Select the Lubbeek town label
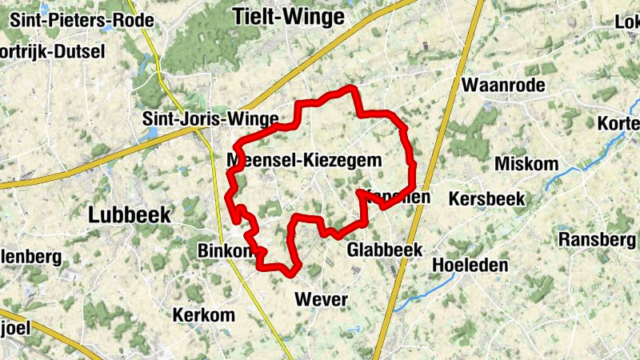129,214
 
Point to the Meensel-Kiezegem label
304,160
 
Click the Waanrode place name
503,85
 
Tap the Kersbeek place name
486,198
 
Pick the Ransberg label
597,239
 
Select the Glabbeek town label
384,250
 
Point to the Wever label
322,299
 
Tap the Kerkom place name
204,314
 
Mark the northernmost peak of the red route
350,87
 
